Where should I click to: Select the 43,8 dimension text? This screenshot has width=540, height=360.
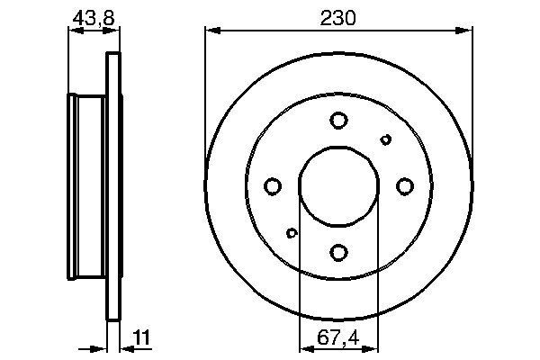coord(94,16)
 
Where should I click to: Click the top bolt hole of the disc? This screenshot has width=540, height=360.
coord(338,120)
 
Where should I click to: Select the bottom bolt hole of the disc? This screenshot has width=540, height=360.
coord(338,252)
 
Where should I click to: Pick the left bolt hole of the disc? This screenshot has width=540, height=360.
coord(273,186)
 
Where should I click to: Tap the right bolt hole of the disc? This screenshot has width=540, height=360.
coord(405,185)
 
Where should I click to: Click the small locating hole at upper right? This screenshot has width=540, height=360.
coord(386,139)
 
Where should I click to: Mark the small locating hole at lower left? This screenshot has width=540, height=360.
coord(292,233)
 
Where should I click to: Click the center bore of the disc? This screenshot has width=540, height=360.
coord(338,185)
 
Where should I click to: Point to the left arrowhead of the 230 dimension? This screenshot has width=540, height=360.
coord(211,31)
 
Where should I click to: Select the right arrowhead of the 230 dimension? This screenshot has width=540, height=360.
coord(466,31)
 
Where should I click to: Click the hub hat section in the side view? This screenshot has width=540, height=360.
coord(88,186)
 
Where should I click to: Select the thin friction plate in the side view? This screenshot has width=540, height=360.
coord(113,186)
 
